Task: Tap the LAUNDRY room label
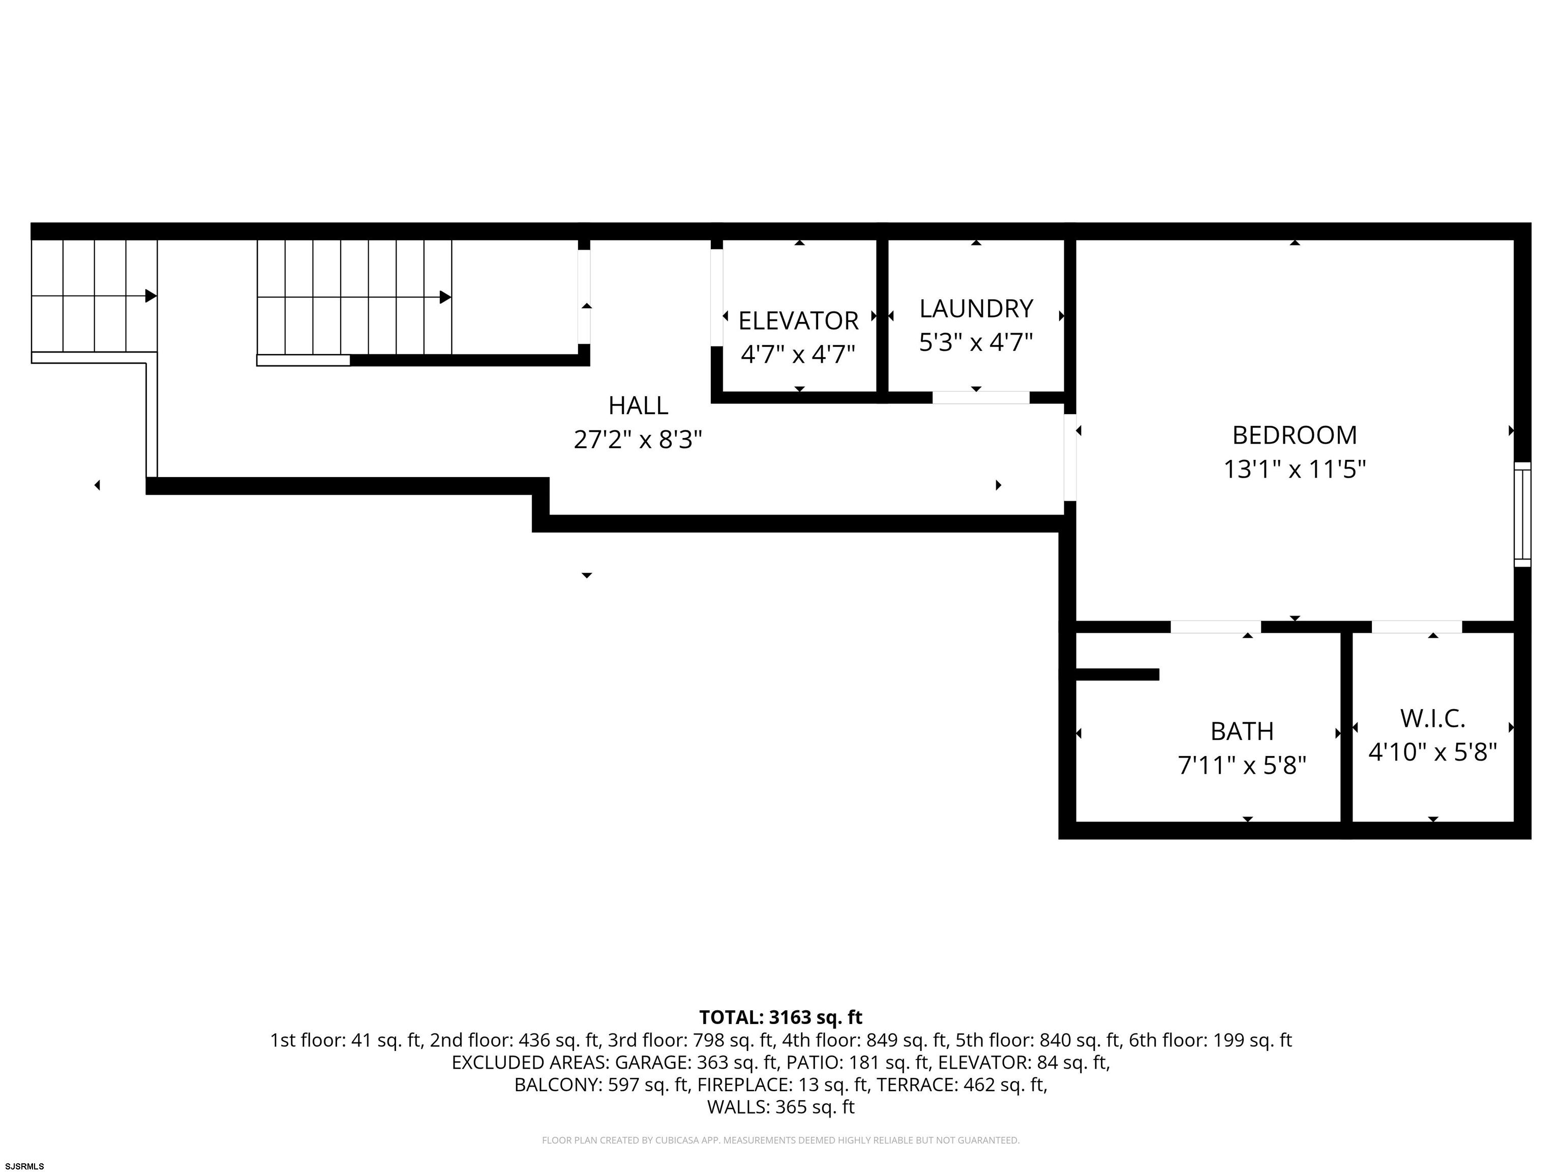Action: pos(976,309)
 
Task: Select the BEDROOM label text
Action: pos(1295,435)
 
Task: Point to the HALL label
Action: pos(638,405)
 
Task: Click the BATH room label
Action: pos(1242,731)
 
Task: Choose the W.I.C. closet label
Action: pos(1433,718)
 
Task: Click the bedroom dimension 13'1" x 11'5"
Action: pos(1295,469)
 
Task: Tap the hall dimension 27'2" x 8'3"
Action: pos(638,440)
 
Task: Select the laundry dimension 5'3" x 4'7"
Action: pos(976,343)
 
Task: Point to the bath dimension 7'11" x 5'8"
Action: pos(1242,765)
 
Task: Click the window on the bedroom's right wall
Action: pos(1522,514)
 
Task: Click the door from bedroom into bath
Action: pos(1216,627)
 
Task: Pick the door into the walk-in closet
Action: pos(1417,627)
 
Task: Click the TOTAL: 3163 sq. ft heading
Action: pos(780,1017)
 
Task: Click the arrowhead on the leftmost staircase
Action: pos(151,296)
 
